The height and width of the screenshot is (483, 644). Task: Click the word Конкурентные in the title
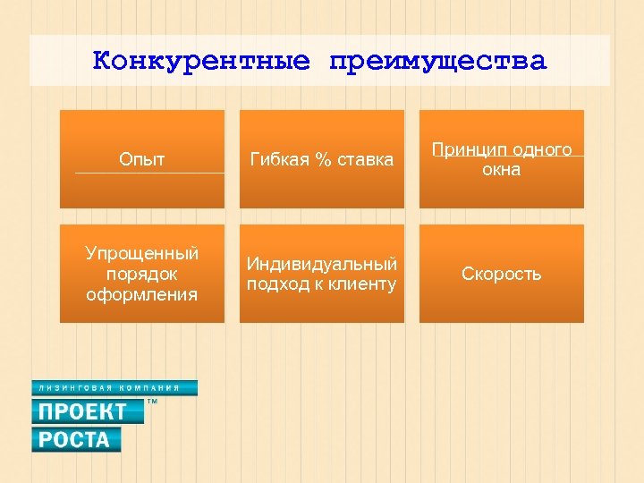click(x=201, y=61)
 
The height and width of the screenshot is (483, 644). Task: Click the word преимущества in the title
click(x=436, y=61)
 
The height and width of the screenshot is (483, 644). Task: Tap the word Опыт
click(x=142, y=159)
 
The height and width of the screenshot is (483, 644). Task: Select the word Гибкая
click(x=275, y=159)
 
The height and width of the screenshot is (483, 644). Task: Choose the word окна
click(x=501, y=169)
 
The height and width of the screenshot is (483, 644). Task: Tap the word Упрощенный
click(x=142, y=254)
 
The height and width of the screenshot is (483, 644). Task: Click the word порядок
click(x=142, y=274)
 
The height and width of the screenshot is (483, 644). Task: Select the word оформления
click(x=142, y=293)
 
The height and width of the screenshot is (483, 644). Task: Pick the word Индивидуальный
click(x=322, y=264)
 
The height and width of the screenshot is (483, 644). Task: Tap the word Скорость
click(x=501, y=274)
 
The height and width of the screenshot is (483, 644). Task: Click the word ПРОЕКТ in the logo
click(x=81, y=411)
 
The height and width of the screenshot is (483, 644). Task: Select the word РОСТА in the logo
click(x=73, y=439)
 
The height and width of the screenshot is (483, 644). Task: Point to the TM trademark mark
click(x=151, y=403)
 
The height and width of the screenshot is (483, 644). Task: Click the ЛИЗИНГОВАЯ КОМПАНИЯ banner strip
click(x=114, y=388)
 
